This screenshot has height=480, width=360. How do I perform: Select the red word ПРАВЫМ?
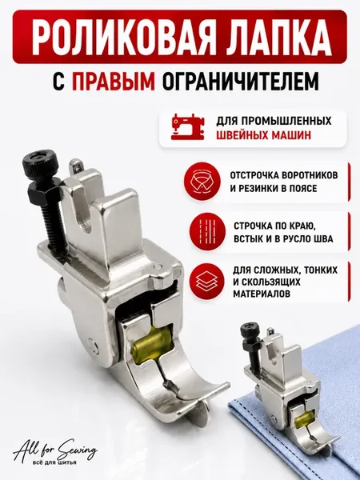pos(114,81)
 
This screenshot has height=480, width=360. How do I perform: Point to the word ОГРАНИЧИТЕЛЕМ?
pos(241,81)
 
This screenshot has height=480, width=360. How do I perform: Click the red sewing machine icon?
pos(187,126)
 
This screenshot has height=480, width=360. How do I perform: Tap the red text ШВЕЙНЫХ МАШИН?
pos(263,135)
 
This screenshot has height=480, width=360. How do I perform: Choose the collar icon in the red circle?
pos(202,182)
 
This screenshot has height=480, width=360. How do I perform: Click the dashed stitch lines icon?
pos(207,232)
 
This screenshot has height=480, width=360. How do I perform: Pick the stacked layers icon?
pos(207,282)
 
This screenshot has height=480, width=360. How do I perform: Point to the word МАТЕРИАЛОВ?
pos(262,294)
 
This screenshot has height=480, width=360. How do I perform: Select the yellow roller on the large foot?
pos(150,346)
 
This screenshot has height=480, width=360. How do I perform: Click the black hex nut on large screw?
pos(45,193)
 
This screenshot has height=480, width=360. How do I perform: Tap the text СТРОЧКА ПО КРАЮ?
pos(274,226)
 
